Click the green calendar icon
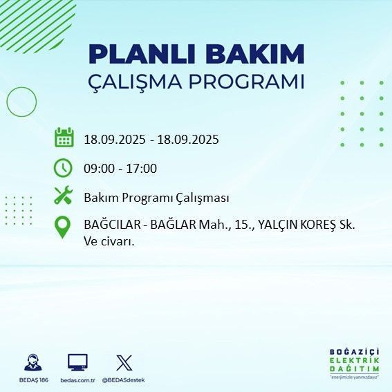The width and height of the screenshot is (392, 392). (x=64, y=138)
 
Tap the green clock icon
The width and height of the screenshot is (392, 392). (x=64, y=167)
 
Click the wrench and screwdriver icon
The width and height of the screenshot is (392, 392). (x=64, y=196)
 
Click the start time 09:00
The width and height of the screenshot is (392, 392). (x=99, y=168)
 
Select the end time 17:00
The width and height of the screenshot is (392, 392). (x=142, y=168)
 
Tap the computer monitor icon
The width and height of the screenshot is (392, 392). (x=77, y=362)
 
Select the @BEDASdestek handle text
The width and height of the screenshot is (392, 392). (x=123, y=380)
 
